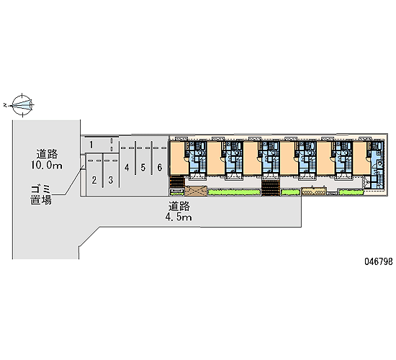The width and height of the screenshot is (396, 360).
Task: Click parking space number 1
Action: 91,145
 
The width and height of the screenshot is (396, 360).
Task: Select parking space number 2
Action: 94,180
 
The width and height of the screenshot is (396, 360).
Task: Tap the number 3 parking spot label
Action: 111,180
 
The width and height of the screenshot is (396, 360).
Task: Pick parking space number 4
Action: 127,167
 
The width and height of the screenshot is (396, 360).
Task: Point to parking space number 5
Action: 143,167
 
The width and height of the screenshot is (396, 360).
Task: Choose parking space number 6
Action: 160,167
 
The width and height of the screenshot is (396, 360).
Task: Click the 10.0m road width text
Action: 47,166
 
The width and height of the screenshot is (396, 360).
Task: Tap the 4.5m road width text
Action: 179,217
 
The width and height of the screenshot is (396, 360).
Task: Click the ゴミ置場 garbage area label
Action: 41,195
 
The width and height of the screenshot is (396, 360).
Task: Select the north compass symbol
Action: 22,105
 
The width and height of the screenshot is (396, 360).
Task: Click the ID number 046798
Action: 379,261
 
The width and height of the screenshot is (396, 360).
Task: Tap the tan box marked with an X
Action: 196,191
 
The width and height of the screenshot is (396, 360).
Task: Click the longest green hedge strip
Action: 234,192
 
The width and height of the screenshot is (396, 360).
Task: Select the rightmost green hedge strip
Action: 351,192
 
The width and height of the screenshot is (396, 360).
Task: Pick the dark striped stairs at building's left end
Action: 177,182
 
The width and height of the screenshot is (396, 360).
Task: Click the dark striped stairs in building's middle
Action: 271,188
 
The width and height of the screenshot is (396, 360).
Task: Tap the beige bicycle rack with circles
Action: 314,192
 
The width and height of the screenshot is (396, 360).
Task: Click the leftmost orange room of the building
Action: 179,158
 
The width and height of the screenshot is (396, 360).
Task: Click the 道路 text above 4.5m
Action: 179,206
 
